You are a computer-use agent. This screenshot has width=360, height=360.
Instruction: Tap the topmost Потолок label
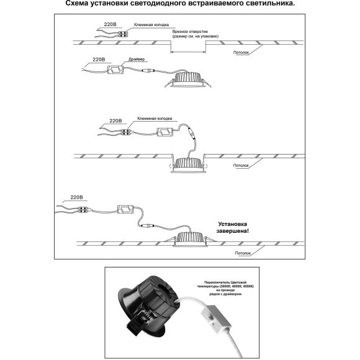pyautogui.click(x=243, y=53)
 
